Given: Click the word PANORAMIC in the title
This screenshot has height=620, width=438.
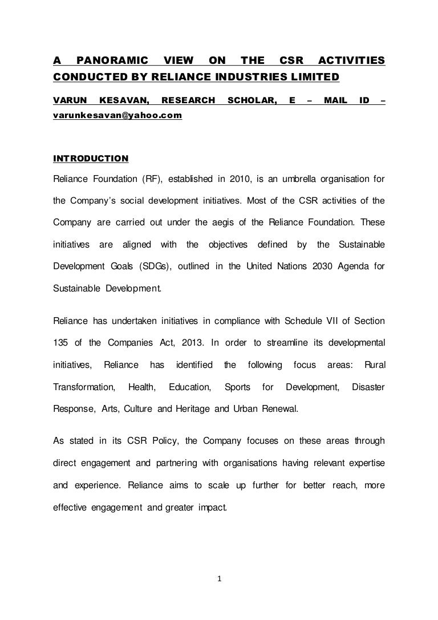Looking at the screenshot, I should click(112, 60).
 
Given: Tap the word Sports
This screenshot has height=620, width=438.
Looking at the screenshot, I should click(237, 387).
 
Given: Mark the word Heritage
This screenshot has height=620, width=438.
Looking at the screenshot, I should click(204, 409).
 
